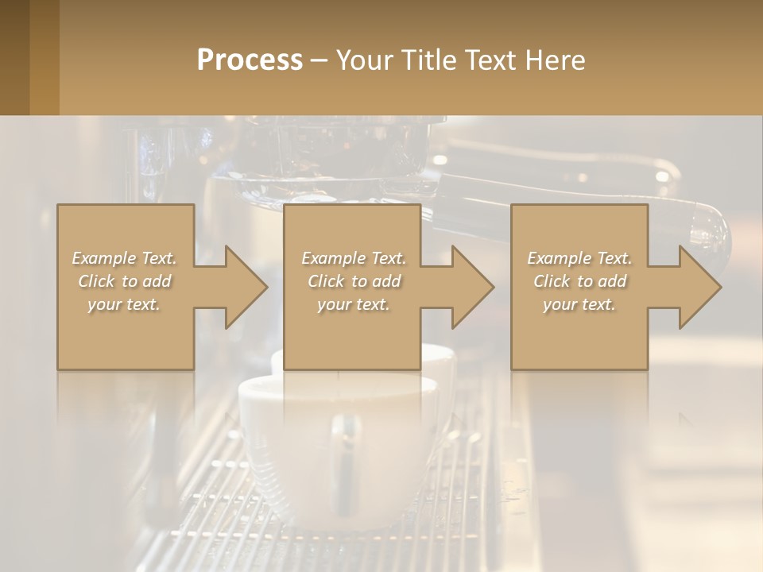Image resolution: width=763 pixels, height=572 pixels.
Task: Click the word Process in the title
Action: (250, 60)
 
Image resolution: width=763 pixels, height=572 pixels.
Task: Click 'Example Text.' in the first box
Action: (124, 258)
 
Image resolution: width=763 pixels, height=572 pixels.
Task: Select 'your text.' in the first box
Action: (124, 304)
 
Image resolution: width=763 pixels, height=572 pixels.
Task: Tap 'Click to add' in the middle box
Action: (354, 281)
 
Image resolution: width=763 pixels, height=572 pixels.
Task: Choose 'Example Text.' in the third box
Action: (579, 258)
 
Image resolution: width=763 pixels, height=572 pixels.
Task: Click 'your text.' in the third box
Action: (579, 304)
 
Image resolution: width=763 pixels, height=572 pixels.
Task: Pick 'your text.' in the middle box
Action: (354, 304)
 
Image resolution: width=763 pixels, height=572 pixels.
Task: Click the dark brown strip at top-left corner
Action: (14, 57)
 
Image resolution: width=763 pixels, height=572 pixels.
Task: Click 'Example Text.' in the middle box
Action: (354, 258)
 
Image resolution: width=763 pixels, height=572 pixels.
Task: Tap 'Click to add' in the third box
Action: (579, 281)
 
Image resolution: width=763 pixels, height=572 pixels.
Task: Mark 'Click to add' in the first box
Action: (124, 281)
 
